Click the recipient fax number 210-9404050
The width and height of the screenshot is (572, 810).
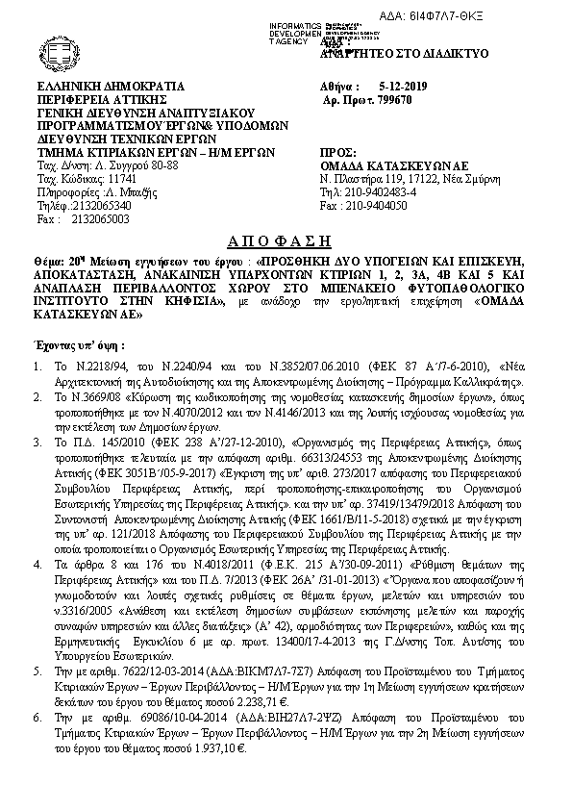click(396, 206)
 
